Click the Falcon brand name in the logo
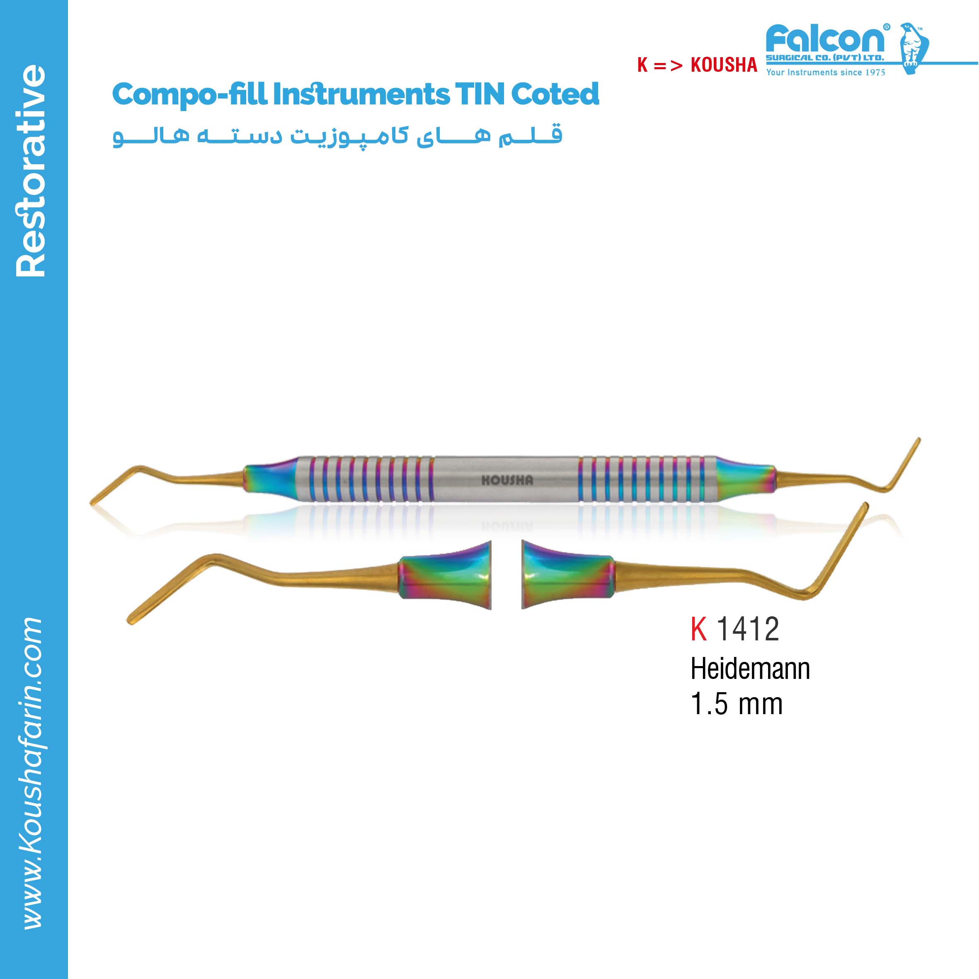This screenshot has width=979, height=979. click(x=827, y=38)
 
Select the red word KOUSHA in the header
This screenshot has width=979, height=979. click(x=724, y=65)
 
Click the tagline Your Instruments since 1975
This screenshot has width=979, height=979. click(x=826, y=72)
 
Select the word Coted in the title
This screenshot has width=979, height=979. click(x=555, y=94)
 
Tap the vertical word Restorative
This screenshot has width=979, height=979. click(x=30, y=171)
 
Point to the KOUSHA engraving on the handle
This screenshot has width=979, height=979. click(x=507, y=480)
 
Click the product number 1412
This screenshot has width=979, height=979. click(x=747, y=629)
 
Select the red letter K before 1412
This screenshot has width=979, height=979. click(x=698, y=629)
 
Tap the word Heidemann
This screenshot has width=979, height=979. click(x=750, y=669)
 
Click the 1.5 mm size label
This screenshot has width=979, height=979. click(x=736, y=704)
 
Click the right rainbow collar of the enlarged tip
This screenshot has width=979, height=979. click(x=568, y=575)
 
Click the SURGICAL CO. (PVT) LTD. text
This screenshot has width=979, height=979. click(x=824, y=58)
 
